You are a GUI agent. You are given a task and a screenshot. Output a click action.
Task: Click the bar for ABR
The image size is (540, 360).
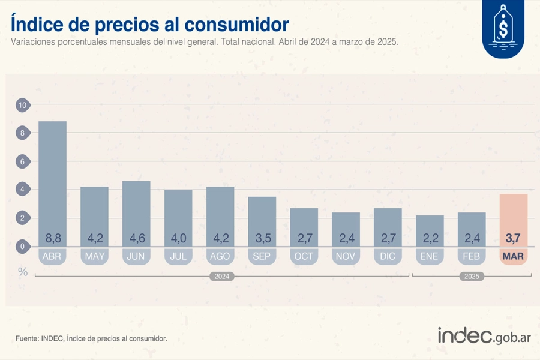pos(53,180)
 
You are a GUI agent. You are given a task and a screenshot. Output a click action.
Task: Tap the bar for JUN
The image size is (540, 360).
pos(136,210)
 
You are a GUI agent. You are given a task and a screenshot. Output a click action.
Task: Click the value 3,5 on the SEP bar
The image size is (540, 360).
pos(262,238)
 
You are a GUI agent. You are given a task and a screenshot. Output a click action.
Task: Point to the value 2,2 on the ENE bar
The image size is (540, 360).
pos(430,238)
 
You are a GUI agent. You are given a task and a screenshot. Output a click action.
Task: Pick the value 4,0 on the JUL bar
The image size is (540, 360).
pos(178,238)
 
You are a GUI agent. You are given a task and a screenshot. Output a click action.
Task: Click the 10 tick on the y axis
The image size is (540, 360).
pos(23,106)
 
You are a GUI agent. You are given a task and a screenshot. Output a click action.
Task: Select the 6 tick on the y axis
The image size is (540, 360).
pos(23,162)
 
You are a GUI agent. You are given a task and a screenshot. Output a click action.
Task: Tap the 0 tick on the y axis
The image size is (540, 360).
pos(23,247)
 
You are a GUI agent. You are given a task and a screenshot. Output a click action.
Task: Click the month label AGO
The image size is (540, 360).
pos(220,257)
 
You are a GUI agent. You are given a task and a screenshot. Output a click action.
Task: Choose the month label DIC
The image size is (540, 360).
pos(388,257)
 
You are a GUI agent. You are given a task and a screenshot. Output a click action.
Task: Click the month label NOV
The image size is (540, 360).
pos(346,257)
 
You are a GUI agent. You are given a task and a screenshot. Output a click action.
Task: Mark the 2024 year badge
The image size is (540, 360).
pos(221,277)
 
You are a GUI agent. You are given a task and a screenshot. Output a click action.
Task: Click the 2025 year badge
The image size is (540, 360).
pos(472,277)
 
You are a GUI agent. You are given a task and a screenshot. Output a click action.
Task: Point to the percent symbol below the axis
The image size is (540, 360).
pos(23,271)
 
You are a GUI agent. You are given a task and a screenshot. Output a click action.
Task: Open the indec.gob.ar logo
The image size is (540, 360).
pos(484,337)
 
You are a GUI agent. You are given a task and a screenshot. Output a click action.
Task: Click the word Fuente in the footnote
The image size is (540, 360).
pos(28,339)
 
